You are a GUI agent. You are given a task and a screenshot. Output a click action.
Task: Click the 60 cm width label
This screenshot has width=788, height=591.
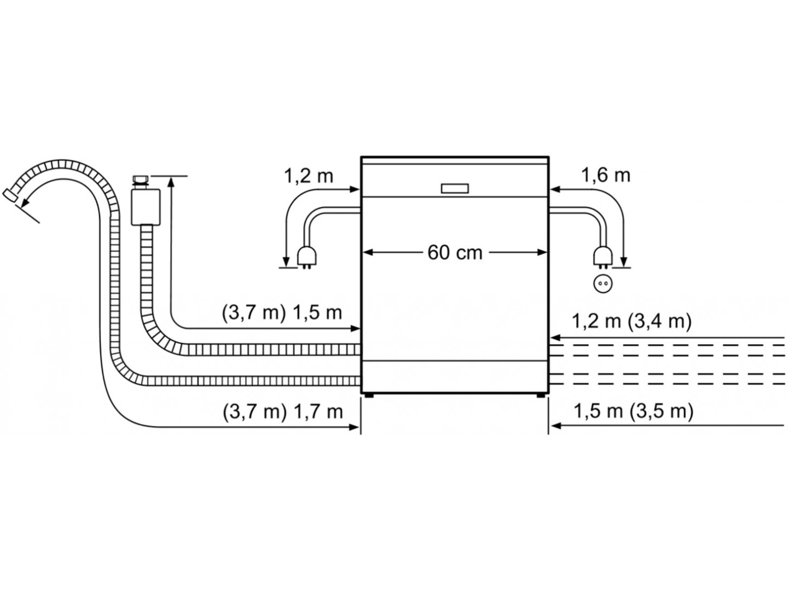click(455, 253)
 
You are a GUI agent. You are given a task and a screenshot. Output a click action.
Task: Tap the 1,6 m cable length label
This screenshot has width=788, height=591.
click(606, 176)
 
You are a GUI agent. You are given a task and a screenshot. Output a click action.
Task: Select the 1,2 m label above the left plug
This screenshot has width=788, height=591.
click(309, 176)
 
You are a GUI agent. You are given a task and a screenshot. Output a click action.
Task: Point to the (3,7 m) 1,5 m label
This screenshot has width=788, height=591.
click(282, 313)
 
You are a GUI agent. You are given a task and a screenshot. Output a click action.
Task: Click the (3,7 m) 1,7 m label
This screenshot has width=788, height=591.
click(282, 412)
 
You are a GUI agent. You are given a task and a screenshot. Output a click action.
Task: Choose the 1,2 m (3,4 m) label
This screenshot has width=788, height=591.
click(631, 321)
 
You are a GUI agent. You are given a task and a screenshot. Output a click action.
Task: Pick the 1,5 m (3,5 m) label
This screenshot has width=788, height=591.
click(634, 411)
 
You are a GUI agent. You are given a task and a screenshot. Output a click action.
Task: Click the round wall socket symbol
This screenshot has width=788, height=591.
click(602, 283)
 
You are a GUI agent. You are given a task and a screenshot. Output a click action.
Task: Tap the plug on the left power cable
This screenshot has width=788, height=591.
click(308, 258)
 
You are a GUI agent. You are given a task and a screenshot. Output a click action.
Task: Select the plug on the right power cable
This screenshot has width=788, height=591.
click(602, 258)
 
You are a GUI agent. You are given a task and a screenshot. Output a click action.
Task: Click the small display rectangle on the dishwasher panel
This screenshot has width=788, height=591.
click(455, 189)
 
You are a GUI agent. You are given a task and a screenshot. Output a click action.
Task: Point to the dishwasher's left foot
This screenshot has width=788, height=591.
click(368, 396)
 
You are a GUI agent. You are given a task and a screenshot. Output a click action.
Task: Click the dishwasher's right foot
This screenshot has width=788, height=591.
click(540, 396)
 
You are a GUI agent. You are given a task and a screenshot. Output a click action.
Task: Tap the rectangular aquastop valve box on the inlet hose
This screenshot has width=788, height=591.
click(146, 207)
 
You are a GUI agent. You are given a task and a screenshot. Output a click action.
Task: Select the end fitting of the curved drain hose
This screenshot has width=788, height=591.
click(10, 196)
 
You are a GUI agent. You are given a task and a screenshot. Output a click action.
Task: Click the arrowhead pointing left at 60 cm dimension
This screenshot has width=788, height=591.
click(368, 253)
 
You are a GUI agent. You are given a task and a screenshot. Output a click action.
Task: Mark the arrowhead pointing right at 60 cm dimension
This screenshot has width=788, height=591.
click(542, 253)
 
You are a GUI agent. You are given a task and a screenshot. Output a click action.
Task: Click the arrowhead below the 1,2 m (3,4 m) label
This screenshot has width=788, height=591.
click(555, 338)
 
